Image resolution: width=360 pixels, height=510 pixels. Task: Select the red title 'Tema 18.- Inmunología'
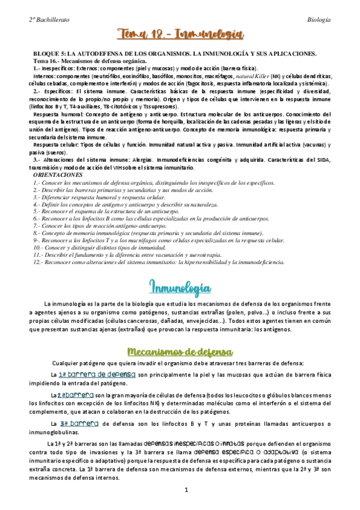click(x=180, y=36)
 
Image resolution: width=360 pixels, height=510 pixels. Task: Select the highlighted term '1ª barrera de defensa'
click(x=97, y=375)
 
